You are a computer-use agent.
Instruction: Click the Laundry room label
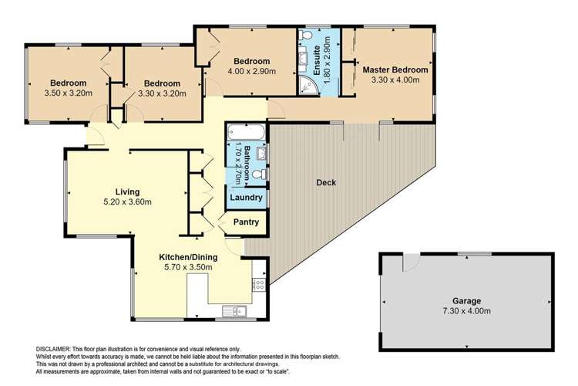point(246,198)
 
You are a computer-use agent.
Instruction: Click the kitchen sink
point(232,311)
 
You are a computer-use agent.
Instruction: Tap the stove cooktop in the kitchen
point(259,284)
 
